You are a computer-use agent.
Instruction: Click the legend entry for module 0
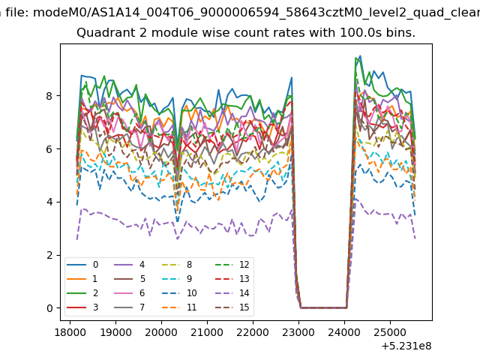[x=82, y=265]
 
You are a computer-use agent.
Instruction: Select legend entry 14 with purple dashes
[x=232, y=293]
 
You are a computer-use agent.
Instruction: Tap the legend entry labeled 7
[x=129, y=307]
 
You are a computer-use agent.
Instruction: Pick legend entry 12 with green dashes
[x=232, y=265]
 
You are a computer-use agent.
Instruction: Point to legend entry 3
[x=82, y=307]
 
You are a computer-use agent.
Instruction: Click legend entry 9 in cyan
[x=177, y=278]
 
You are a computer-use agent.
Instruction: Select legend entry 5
[x=129, y=278]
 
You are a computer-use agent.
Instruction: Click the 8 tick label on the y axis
[x=49, y=96]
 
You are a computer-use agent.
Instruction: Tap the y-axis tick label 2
[x=49, y=255]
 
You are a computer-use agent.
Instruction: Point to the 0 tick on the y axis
[x=49, y=308]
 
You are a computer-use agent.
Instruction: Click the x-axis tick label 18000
[x=70, y=332]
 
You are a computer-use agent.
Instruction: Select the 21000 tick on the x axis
[x=207, y=332]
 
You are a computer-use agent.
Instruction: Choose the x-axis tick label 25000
[x=390, y=332]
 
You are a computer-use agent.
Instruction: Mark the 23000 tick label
[x=298, y=332]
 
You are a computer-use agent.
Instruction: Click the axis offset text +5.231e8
[x=406, y=346]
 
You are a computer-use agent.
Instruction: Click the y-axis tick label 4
[x=49, y=202]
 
